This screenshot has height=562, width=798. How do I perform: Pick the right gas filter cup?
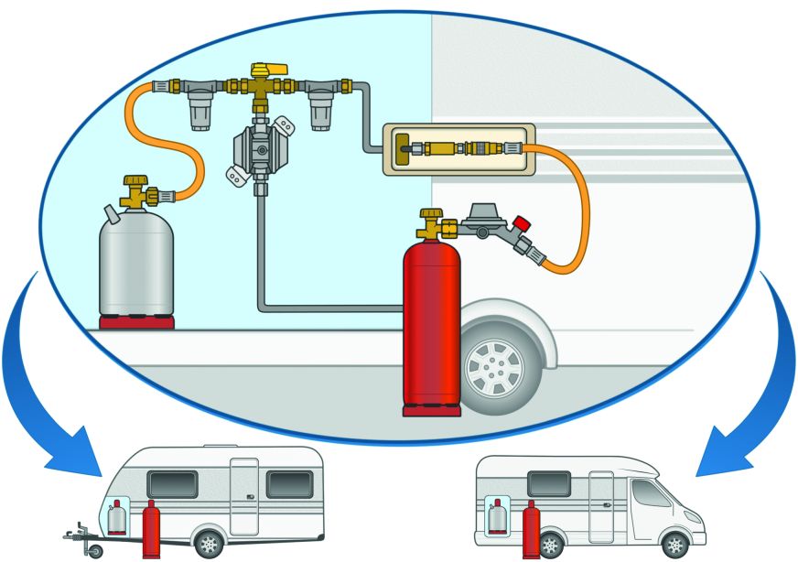(x=320, y=111)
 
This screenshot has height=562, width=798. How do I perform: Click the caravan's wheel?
(x=210, y=543)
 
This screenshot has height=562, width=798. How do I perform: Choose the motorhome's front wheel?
(x=674, y=543)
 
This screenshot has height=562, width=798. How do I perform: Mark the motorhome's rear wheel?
(x=550, y=544)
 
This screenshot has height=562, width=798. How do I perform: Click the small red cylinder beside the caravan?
(x=151, y=531)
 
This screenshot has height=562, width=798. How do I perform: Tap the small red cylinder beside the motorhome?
(x=530, y=531)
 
